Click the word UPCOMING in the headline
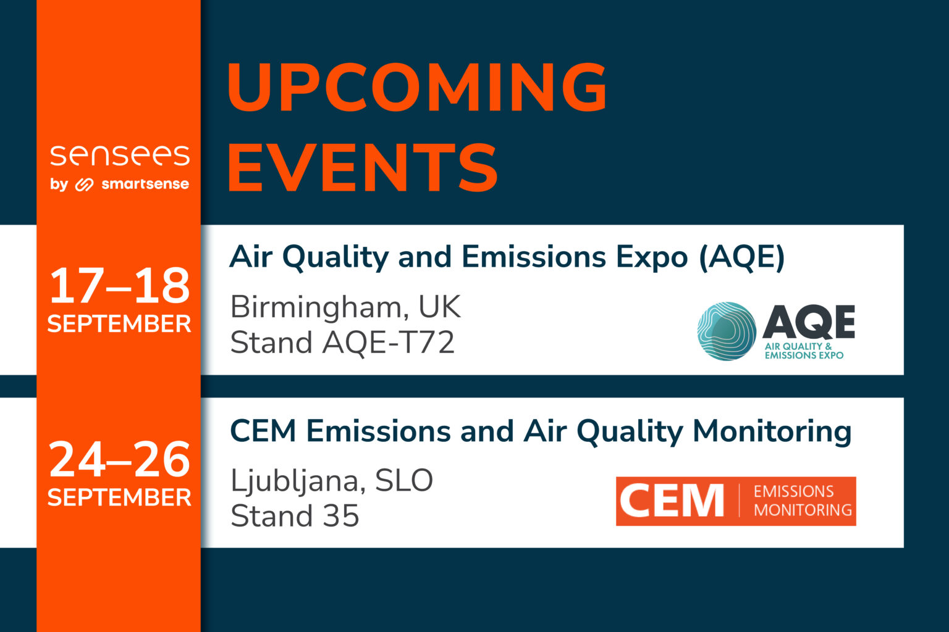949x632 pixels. tap(417, 88)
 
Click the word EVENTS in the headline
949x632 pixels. tap(363, 168)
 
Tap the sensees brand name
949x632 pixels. tap(120, 156)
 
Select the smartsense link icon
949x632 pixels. tap(84, 185)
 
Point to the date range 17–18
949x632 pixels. tap(119, 286)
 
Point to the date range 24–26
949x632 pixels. tap(119, 460)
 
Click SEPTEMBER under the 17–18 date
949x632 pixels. tap(119, 324)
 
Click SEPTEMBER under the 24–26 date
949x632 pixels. tap(119, 497)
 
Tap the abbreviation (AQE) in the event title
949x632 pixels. tap(742, 257)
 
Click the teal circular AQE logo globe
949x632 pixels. tap(727, 331)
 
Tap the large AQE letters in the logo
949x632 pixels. tap(809, 322)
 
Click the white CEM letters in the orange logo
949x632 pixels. tap(672, 501)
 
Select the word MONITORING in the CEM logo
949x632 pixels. tap(803, 510)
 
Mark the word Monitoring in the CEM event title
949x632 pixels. tap(772, 432)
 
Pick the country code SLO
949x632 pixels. tap(404, 481)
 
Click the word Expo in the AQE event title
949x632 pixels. tap(651, 258)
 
